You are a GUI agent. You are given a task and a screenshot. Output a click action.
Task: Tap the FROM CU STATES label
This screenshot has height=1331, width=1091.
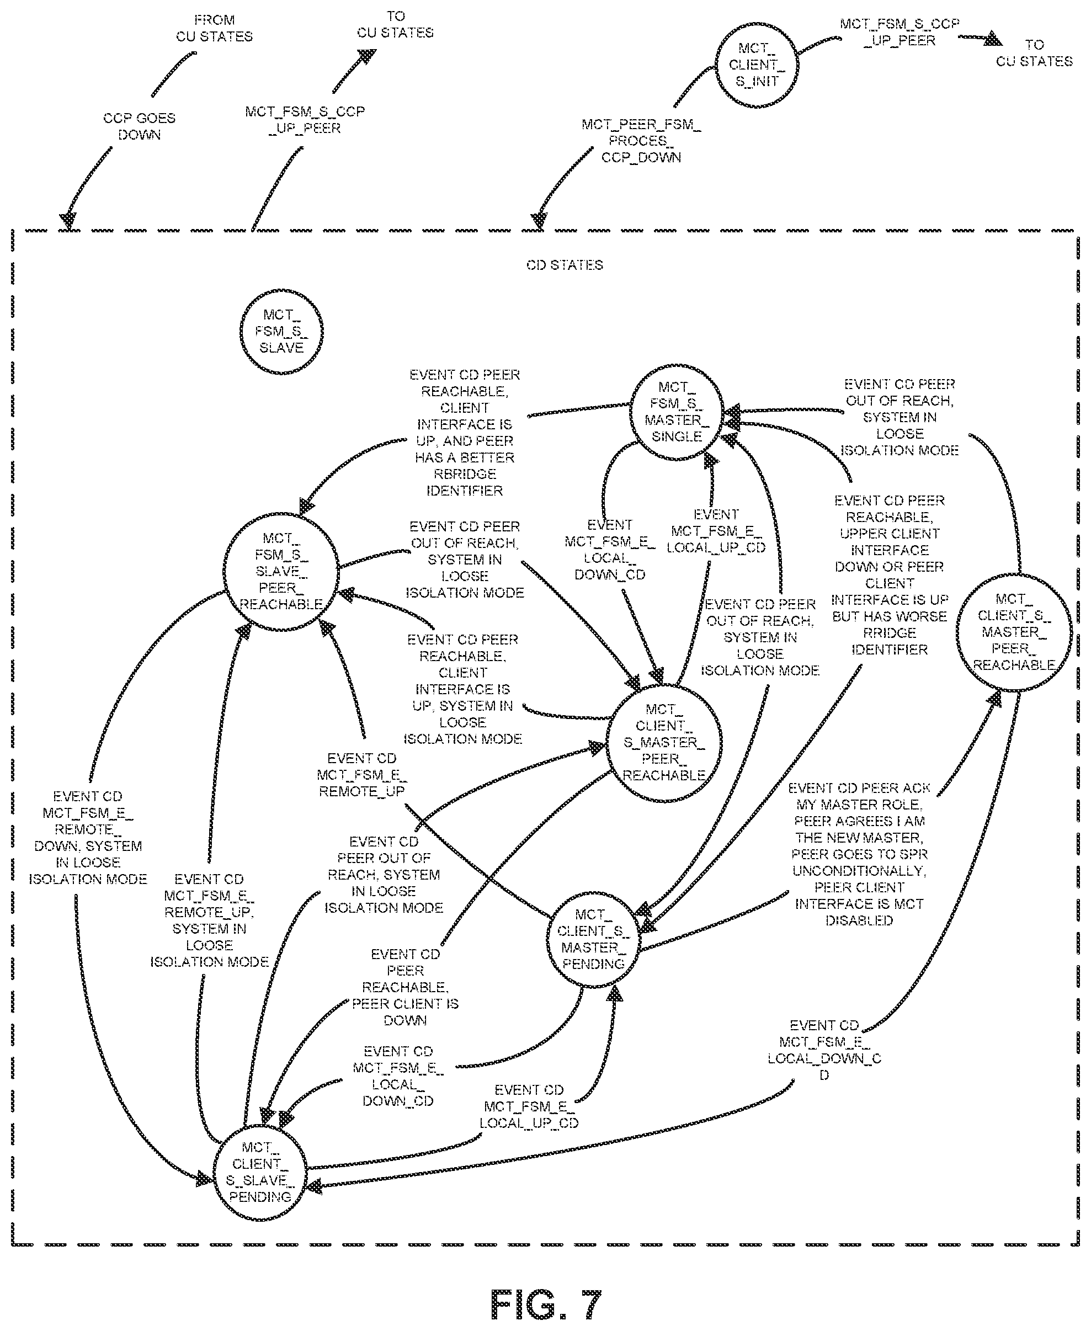point(214,28)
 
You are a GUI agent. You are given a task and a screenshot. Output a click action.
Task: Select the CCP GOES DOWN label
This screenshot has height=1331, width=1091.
point(140,126)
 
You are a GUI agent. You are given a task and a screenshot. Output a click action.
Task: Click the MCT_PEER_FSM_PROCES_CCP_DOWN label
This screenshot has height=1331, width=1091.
point(641,141)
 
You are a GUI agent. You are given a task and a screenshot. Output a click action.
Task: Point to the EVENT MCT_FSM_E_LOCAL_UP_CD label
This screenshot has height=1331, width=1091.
point(716,531)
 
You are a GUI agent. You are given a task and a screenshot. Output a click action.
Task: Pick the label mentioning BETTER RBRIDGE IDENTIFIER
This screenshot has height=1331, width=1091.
point(465,433)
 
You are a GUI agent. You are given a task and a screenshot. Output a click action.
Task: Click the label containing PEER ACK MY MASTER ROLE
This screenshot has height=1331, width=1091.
point(859,854)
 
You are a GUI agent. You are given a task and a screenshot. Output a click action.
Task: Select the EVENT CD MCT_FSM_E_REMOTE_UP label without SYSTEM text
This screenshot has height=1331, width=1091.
point(361,775)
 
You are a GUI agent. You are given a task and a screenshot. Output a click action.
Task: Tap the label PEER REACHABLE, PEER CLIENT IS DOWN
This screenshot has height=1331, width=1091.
point(406,987)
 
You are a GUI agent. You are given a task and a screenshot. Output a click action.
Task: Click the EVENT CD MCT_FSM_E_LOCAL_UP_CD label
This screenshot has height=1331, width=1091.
point(529,1106)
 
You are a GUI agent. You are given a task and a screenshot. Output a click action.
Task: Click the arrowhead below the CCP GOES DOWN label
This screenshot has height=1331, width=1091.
point(68,221)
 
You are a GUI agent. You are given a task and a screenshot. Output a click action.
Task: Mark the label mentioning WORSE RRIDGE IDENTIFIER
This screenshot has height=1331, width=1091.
point(889,575)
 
